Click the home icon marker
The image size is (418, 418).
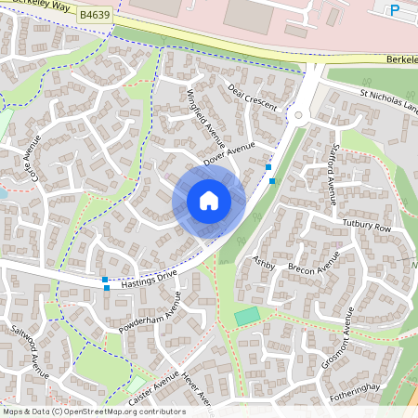[209, 200]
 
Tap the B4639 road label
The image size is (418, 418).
[94, 15]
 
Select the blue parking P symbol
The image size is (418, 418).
[395, 10]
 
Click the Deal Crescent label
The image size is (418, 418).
[253, 97]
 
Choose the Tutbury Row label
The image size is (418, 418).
[368, 228]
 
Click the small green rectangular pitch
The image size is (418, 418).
[247, 316]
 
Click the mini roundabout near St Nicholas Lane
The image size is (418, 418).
[299, 116]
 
